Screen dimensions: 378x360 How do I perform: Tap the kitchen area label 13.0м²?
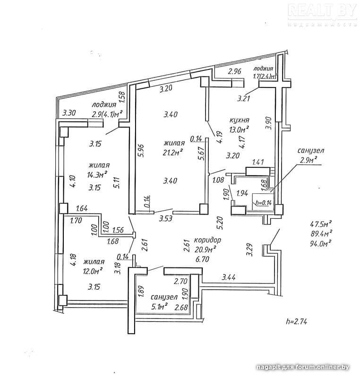pyautogui.click(x=239, y=129)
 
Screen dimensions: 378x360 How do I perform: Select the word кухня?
pyautogui.click(x=240, y=120)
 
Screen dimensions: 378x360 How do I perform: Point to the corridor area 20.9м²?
pyautogui.click(x=206, y=249)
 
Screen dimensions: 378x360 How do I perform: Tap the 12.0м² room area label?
pyautogui.click(x=93, y=271)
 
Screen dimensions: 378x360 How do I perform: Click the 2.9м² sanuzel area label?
pyautogui.click(x=309, y=160)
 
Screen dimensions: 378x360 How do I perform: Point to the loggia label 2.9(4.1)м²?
pyautogui.click(x=107, y=114)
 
